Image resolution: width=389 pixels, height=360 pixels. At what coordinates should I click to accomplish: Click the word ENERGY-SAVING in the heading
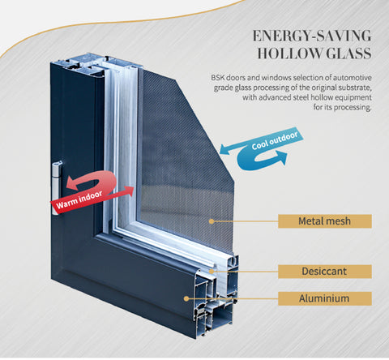(311, 36)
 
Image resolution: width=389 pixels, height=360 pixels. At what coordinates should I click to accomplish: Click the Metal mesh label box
(324, 221)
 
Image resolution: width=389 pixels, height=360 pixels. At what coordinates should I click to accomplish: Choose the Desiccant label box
(324, 272)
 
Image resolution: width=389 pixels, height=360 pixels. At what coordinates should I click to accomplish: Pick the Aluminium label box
(324, 298)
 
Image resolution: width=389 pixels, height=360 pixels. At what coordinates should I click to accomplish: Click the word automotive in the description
(349, 78)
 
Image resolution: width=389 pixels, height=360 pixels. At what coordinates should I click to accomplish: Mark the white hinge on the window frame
(57, 179)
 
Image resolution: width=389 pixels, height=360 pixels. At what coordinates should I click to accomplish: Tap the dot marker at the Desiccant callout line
(214, 272)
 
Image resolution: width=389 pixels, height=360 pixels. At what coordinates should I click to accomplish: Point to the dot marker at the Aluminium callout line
(188, 298)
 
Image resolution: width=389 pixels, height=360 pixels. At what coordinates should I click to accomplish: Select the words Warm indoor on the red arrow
(77, 203)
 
